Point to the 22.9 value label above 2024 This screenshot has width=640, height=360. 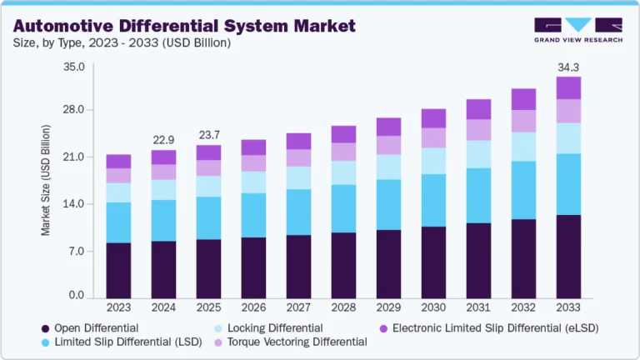coord(163,139)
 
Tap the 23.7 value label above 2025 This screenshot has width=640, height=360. coord(208,134)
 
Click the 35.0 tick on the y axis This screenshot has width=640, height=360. coord(74,66)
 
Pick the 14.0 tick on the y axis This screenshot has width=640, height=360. coord(74,203)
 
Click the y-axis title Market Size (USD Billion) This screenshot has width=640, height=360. coord(47,180)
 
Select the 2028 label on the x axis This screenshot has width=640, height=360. coord(343,307)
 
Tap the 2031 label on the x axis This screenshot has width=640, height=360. coord(478,307)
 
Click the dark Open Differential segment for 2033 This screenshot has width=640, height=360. coord(568,257)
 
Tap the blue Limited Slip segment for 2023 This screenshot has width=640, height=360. coord(118,222)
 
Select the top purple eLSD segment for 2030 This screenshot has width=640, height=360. coord(433,118)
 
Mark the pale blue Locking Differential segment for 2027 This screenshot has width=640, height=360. coord(298,177)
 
